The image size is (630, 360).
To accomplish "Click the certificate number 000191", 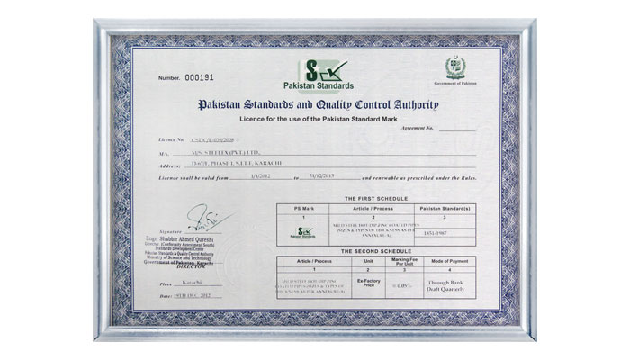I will coord(196,78).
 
